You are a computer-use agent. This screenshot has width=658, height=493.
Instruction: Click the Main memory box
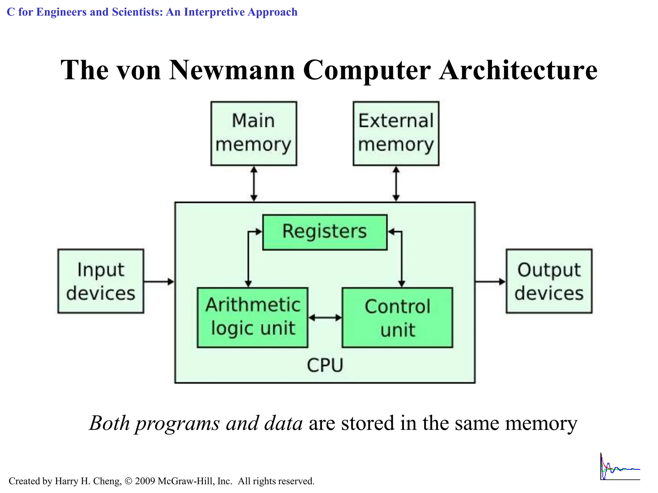[x=253, y=134]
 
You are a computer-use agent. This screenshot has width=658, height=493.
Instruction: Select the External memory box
[x=396, y=134]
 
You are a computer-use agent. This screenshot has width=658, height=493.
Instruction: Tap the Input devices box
[x=101, y=281]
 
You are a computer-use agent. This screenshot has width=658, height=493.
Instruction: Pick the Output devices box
[x=549, y=281]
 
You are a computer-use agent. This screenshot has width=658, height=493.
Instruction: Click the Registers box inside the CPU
[x=325, y=232]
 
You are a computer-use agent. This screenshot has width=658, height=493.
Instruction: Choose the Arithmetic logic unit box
[x=253, y=317]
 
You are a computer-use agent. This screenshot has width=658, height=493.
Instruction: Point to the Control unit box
[x=397, y=317]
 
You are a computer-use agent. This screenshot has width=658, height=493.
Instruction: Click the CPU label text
[x=325, y=365]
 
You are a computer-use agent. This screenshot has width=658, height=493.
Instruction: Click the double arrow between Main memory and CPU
[x=254, y=184]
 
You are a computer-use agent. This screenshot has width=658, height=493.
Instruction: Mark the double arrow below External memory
[x=396, y=184]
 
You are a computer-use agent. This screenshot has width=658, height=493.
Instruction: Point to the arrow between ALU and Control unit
[x=325, y=318]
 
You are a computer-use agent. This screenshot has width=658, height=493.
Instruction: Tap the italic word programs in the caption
[x=177, y=424]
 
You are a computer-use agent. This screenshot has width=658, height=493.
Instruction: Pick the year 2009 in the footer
[x=145, y=481]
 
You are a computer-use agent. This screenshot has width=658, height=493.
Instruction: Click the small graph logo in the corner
[x=620, y=467]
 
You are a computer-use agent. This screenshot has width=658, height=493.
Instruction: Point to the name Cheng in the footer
[x=107, y=481]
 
